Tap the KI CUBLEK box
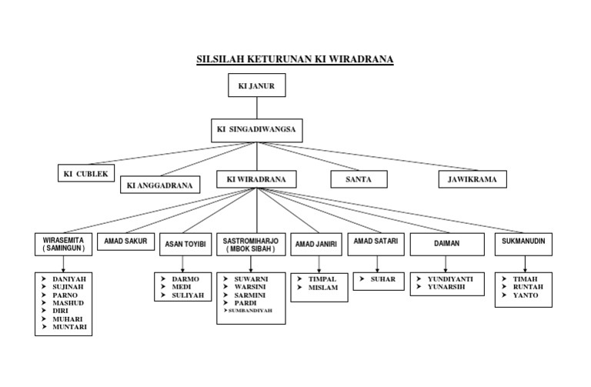(x=86, y=173)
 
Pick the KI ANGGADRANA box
(x=159, y=185)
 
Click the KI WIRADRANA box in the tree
(x=256, y=179)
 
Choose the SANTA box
(x=359, y=179)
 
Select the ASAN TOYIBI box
(x=185, y=245)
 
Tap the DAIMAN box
(x=446, y=244)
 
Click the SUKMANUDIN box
(x=523, y=244)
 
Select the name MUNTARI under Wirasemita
(x=69, y=327)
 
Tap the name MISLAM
(x=322, y=288)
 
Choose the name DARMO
(x=185, y=279)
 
